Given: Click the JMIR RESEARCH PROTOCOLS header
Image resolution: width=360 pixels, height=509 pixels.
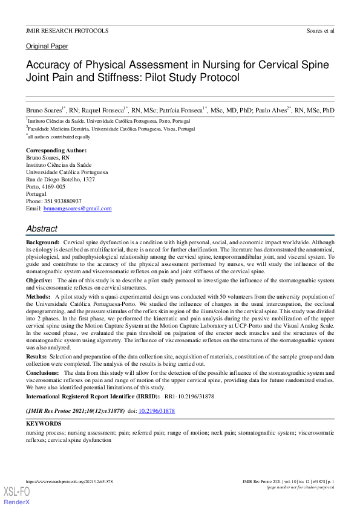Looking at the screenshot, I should coord(67,30).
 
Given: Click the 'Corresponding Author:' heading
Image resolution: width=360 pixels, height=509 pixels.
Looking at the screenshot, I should coord(56,150).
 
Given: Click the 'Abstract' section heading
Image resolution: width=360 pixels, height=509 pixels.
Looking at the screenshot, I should coord(42,229).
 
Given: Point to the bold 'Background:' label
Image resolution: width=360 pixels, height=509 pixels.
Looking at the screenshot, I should coord(42,242).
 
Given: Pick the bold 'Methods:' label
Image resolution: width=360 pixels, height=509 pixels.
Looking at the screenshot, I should coord(39,297).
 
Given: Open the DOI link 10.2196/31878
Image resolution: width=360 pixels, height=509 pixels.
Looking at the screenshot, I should coord(157,410).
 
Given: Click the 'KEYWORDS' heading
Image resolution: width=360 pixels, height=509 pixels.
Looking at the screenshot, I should coord(44,424).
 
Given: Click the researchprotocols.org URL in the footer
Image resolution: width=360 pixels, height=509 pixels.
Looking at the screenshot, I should coord(73,482).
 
